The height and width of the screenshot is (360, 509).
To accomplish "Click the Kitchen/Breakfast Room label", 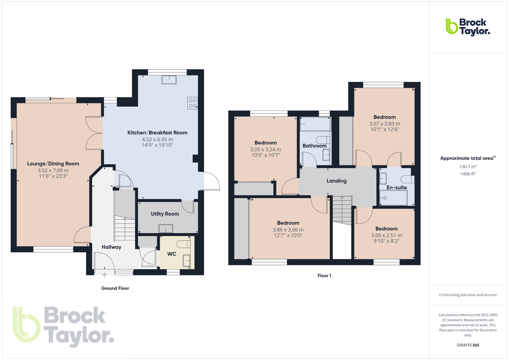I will [157, 132].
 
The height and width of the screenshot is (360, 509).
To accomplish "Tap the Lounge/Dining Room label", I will [53, 163].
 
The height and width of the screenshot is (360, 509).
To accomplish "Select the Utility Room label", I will [165, 214].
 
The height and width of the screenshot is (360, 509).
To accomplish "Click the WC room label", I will [171, 254].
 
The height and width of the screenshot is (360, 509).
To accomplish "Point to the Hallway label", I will [111, 247].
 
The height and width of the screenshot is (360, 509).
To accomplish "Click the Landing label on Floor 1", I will [336, 180].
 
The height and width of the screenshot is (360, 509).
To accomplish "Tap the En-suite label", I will [396, 187].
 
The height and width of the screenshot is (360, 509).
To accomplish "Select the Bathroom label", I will [314, 146].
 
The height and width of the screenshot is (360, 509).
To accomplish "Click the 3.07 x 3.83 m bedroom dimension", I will [384, 123].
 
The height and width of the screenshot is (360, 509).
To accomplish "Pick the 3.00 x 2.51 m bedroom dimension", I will [386, 235].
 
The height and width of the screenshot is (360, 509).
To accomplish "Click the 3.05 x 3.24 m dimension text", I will [265, 149].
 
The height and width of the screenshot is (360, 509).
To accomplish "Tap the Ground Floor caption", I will [115, 288].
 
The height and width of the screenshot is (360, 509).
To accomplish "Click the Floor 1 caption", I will [324, 275].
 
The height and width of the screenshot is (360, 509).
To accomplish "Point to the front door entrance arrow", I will [104, 274].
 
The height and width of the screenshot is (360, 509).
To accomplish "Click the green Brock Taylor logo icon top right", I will [452, 26].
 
